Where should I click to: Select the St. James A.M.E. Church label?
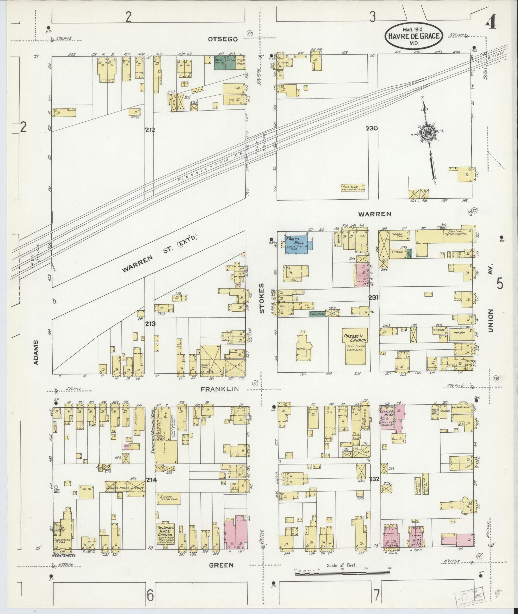coord(166,533)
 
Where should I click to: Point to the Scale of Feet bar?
coord(342,573)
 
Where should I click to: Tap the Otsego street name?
coord(223,39)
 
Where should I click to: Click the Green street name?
coord(221,565)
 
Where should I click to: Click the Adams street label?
coord(36,352)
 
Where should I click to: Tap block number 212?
coord(150,130)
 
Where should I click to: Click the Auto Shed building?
coord(353,187)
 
